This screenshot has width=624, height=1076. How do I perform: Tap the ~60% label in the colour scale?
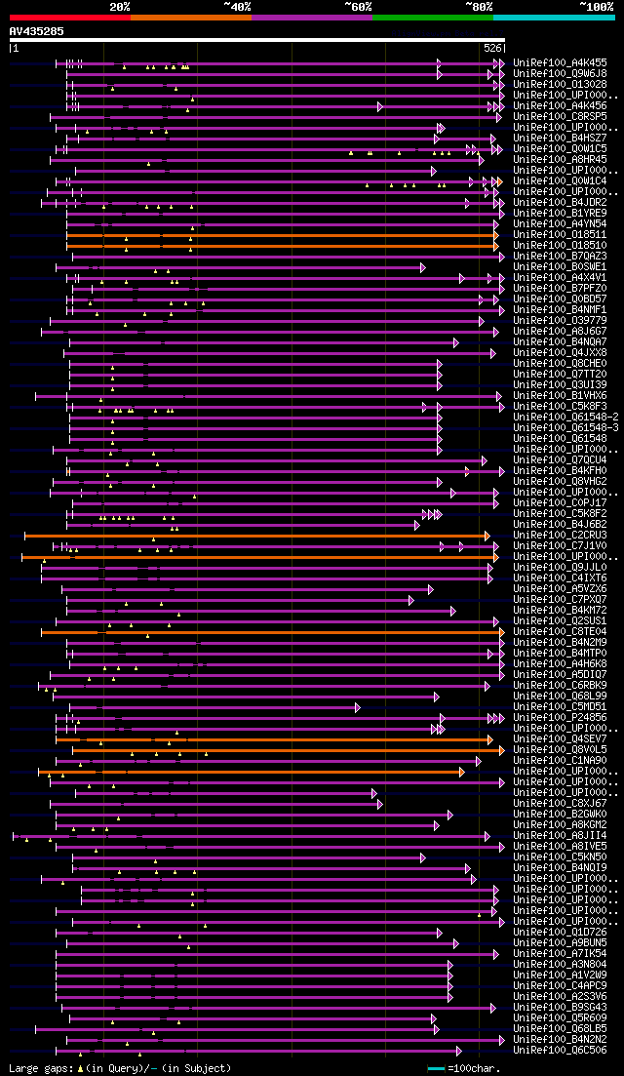[358, 7]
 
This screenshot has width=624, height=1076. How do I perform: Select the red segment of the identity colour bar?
[69, 18]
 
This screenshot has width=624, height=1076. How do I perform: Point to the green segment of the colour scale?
[432, 18]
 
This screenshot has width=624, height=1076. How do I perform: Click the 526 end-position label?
[492, 48]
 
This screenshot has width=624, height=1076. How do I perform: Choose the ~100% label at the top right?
[596, 7]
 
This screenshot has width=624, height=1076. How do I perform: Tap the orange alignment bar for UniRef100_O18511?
[283, 235]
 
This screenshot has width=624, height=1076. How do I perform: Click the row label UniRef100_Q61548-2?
[565, 417]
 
